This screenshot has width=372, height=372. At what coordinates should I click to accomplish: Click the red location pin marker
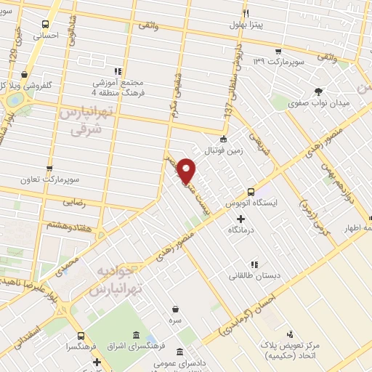[x=187, y=171]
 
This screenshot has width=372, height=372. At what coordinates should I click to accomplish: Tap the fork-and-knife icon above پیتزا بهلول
[x=246, y=14]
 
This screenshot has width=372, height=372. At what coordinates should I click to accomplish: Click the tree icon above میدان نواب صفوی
[x=318, y=91]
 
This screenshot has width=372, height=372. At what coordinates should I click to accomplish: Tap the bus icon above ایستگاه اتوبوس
[x=251, y=192]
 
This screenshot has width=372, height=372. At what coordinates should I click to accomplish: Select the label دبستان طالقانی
[x=251, y=275]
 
